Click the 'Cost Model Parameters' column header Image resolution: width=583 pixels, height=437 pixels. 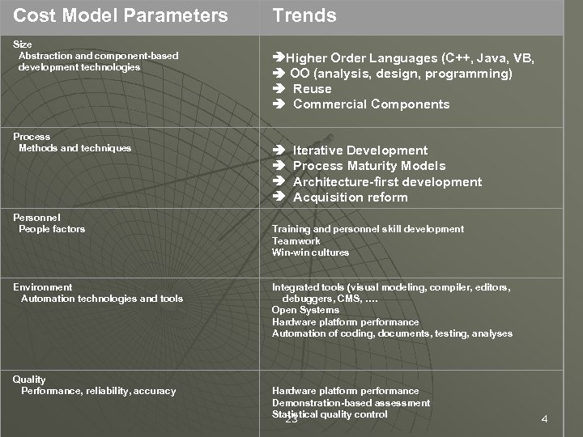(x=121, y=15)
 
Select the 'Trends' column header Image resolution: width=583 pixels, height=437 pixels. (x=304, y=15)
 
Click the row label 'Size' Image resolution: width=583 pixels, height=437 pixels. (x=23, y=44)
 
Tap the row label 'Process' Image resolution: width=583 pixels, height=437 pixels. (x=32, y=137)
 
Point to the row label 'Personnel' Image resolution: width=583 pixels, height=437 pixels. (x=36, y=218)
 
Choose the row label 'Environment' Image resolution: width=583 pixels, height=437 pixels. (x=42, y=287)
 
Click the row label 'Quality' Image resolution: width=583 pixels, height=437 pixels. (x=29, y=380)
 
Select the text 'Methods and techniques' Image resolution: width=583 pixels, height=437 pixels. (x=74, y=148)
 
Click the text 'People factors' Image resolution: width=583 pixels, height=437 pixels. (x=52, y=229)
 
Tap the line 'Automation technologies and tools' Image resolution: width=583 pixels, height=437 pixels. (x=102, y=299)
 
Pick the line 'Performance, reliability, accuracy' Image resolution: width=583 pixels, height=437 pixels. (x=98, y=391)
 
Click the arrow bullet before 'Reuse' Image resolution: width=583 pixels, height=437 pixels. (x=279, y=89)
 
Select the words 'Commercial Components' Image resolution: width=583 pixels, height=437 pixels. (x=371, y=104)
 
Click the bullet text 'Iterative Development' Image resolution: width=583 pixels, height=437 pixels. (x=360, y=151)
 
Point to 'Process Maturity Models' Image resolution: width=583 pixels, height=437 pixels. (x=369, y=166)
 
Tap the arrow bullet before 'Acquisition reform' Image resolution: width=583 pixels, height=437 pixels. (x=279, y=197)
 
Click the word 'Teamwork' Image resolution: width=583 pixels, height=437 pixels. (x=296, y=241)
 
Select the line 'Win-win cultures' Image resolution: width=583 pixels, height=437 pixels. (x=310, y=252)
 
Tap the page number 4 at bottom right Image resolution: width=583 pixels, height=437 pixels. (x=544, y=419)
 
